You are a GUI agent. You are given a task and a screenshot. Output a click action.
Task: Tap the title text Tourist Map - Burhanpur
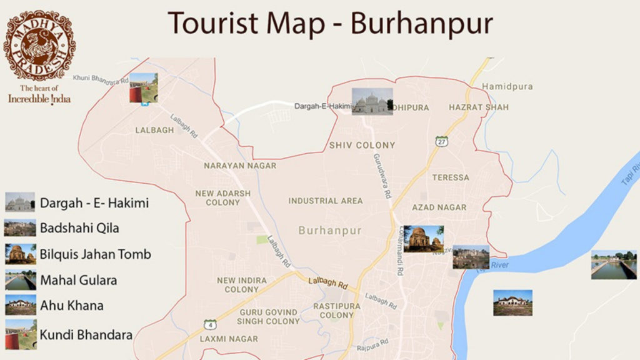pyautogui.click(x=331, y=24)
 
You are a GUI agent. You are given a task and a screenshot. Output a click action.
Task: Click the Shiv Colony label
pyautogui.click(x=362, y=145)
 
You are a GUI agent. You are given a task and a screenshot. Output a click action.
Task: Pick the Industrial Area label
pyautogui.click(x=325, y=201)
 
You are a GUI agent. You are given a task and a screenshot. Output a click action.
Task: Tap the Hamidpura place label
pyautogui.click(x=507, y=87)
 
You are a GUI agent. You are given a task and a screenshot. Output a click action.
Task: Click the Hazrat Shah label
pyautogui.click(x=479, y=107)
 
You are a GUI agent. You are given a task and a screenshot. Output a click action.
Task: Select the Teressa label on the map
pyautogui.click(x=450, y=177)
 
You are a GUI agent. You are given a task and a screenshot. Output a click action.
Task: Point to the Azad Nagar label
pyautogui.click(x=439, y=207)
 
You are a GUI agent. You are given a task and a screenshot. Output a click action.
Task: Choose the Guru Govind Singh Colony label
pyautogui.click(x=268, y=317)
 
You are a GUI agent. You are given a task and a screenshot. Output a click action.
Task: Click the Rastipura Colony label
pyautogui.click(x=337, y=311)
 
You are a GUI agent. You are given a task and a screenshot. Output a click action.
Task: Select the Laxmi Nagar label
pyautogui.click(x=228, y=339)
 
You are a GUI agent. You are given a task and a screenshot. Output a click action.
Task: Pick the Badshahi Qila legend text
pyautogui.click(x=79, y=228)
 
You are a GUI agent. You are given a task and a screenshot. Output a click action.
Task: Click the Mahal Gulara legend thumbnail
pyautogui.click(x=20, y=281)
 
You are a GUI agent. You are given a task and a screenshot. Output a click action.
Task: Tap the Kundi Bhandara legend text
pyautogui.click(x=86, y=335)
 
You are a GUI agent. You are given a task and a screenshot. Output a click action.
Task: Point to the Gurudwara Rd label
pyautogui.click(x=382, y=176)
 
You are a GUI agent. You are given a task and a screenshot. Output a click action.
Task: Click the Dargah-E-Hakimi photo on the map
pyautogui.click(x=372, y=101)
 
